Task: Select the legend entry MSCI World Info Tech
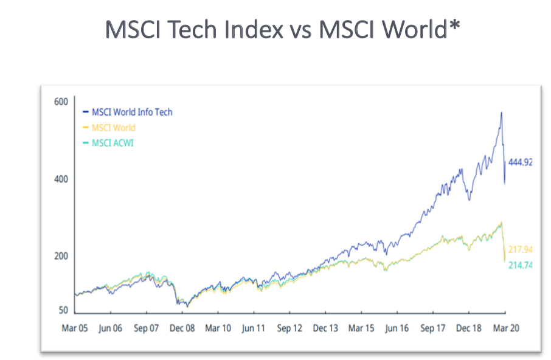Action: point(131,112)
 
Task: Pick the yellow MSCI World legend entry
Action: point(113,128)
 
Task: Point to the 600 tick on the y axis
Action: point(60,102)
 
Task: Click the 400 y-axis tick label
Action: point(60,179)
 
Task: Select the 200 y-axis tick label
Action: point(60,256)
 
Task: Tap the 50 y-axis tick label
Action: point(62,311)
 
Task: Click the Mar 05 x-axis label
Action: point(75,328)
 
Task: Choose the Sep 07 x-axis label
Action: point(146,328)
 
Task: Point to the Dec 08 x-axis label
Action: point(182,328)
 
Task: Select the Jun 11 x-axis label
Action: point(254,328)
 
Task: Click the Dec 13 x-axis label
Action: point(325,328)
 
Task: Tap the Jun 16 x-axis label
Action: point(397,328)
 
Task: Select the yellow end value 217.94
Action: point(520,250)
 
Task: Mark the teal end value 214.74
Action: point(520,265)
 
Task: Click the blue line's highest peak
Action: point(501,112)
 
